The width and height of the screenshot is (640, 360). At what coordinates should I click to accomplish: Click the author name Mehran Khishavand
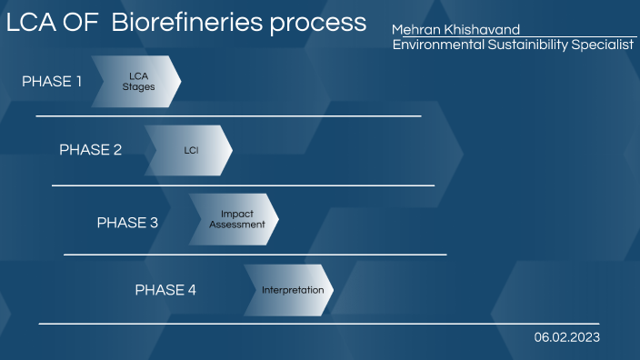click(455, 30)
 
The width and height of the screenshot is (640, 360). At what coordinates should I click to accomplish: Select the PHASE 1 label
click(52, 82)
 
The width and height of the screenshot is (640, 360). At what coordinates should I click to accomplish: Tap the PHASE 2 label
click(90, 150)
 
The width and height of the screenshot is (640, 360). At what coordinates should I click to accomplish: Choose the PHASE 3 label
click(128, 222)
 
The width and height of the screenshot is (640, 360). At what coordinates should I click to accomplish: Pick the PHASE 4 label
click(165, 291)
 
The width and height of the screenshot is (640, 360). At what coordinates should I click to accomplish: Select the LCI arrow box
click(188, 150)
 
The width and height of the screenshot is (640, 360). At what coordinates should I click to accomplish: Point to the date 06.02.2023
click(567, 337)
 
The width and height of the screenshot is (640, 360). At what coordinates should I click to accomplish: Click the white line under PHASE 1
click(228, 116)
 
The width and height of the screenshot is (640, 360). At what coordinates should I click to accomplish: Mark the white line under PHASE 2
click(243, 185)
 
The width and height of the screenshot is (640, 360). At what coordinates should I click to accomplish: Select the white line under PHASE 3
click(255, 255)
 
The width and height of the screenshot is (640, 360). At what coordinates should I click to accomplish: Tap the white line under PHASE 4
click(318, 324)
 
